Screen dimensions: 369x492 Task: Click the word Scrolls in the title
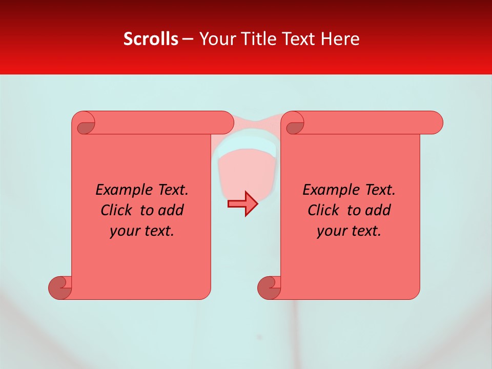[x=151, y=39]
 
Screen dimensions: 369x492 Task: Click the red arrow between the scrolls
[x=242, y=203]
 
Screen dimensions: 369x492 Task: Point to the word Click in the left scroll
[x=115, y=210]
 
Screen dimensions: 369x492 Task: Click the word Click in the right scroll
[x=322, y=210]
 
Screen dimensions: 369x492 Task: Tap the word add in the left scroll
[x=172, y=210]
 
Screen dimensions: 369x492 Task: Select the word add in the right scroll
[x=379, y=210]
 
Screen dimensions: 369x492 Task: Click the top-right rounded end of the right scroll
[x=435, y=122]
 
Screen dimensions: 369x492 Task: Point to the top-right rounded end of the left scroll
[x=226, y=122]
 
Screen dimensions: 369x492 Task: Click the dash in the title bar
[x=188, y=39]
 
